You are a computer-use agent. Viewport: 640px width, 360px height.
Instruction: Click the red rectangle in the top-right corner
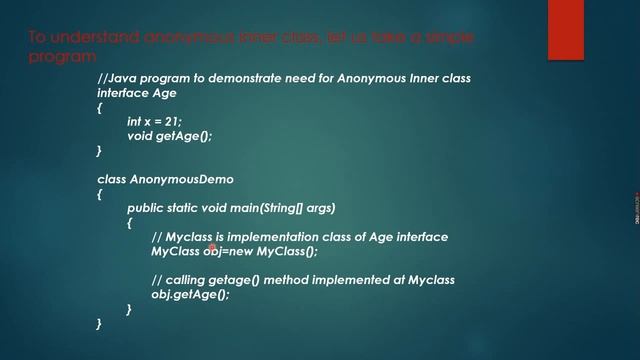pyautogui.click(x=565, y=30)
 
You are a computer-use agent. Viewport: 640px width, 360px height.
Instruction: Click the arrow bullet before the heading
pyautogui.click(x=15, y=38)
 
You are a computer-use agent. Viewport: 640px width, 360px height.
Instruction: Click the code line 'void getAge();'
pyautogui.click(x=170, y=135)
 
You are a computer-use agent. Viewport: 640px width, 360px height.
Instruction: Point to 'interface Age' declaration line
pyautogui.click(x=137, y=92)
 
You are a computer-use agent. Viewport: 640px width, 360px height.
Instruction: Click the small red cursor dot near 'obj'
pyautogui.click(x=212, y=246)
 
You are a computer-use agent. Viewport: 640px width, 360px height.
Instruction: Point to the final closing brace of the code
pyautogui.click(x=100, y=324)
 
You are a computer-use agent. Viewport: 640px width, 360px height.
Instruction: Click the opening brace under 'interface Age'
pyautogui.click(x=100, y=107)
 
